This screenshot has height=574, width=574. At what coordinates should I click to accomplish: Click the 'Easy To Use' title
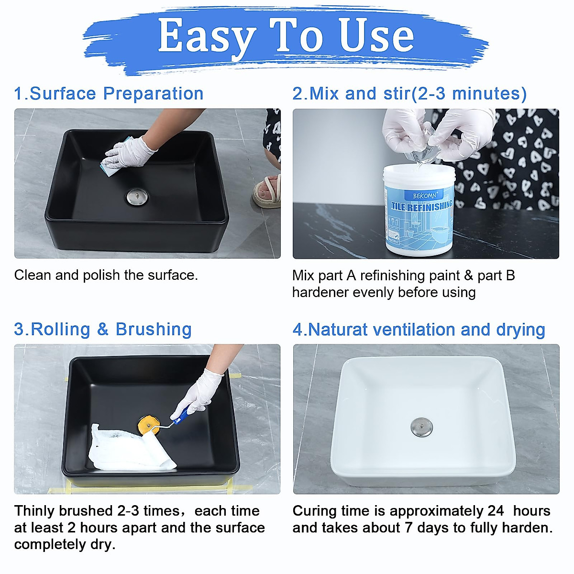tap(286, 36)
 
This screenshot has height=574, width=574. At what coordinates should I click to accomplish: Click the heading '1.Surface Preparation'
tap(109, 94)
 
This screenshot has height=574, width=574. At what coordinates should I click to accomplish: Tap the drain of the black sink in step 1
tap(138, 196)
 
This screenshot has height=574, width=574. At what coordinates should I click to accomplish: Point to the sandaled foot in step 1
tap(266, 191)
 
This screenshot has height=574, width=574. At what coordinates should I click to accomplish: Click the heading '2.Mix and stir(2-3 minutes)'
tap(409, 94)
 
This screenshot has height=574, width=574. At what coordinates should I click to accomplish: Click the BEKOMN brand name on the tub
tap(425, 196)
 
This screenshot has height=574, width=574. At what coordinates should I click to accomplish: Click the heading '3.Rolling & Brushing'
tap(103, 330)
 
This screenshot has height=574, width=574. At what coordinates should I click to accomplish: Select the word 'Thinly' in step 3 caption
tap(34, 511)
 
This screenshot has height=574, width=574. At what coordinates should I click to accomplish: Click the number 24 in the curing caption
tap(496, 511)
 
